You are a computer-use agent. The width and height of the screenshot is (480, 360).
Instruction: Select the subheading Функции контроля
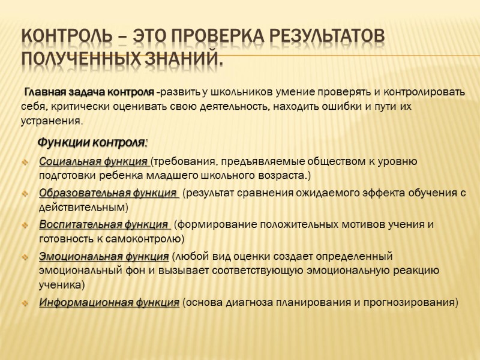[92, 143]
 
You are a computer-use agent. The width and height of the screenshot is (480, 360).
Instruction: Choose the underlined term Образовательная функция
[108, 193]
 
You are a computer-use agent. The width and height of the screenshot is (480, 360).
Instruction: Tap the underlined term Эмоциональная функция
[104, 257]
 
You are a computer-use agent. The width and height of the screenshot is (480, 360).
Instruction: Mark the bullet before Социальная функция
[24, 162]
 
